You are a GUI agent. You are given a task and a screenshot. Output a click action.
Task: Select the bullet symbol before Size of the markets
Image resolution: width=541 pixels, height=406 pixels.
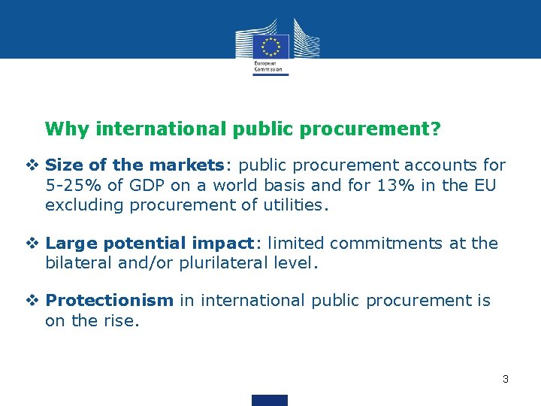coord(35,165)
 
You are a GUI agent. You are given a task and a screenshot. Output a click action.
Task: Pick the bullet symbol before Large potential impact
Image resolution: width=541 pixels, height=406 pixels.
coord(35,244)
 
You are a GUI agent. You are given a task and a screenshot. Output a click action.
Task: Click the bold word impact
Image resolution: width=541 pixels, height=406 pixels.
coord(222,244)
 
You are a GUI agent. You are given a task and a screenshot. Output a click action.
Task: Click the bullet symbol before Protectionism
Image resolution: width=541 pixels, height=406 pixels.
coord(35,301)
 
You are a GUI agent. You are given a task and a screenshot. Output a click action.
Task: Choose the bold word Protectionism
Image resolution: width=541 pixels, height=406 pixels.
coord(110,301)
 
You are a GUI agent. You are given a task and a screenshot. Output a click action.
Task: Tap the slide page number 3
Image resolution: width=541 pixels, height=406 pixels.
coord(506,379)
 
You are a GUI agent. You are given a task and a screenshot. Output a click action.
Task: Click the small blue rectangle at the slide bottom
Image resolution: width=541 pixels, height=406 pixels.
coord(270,400)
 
